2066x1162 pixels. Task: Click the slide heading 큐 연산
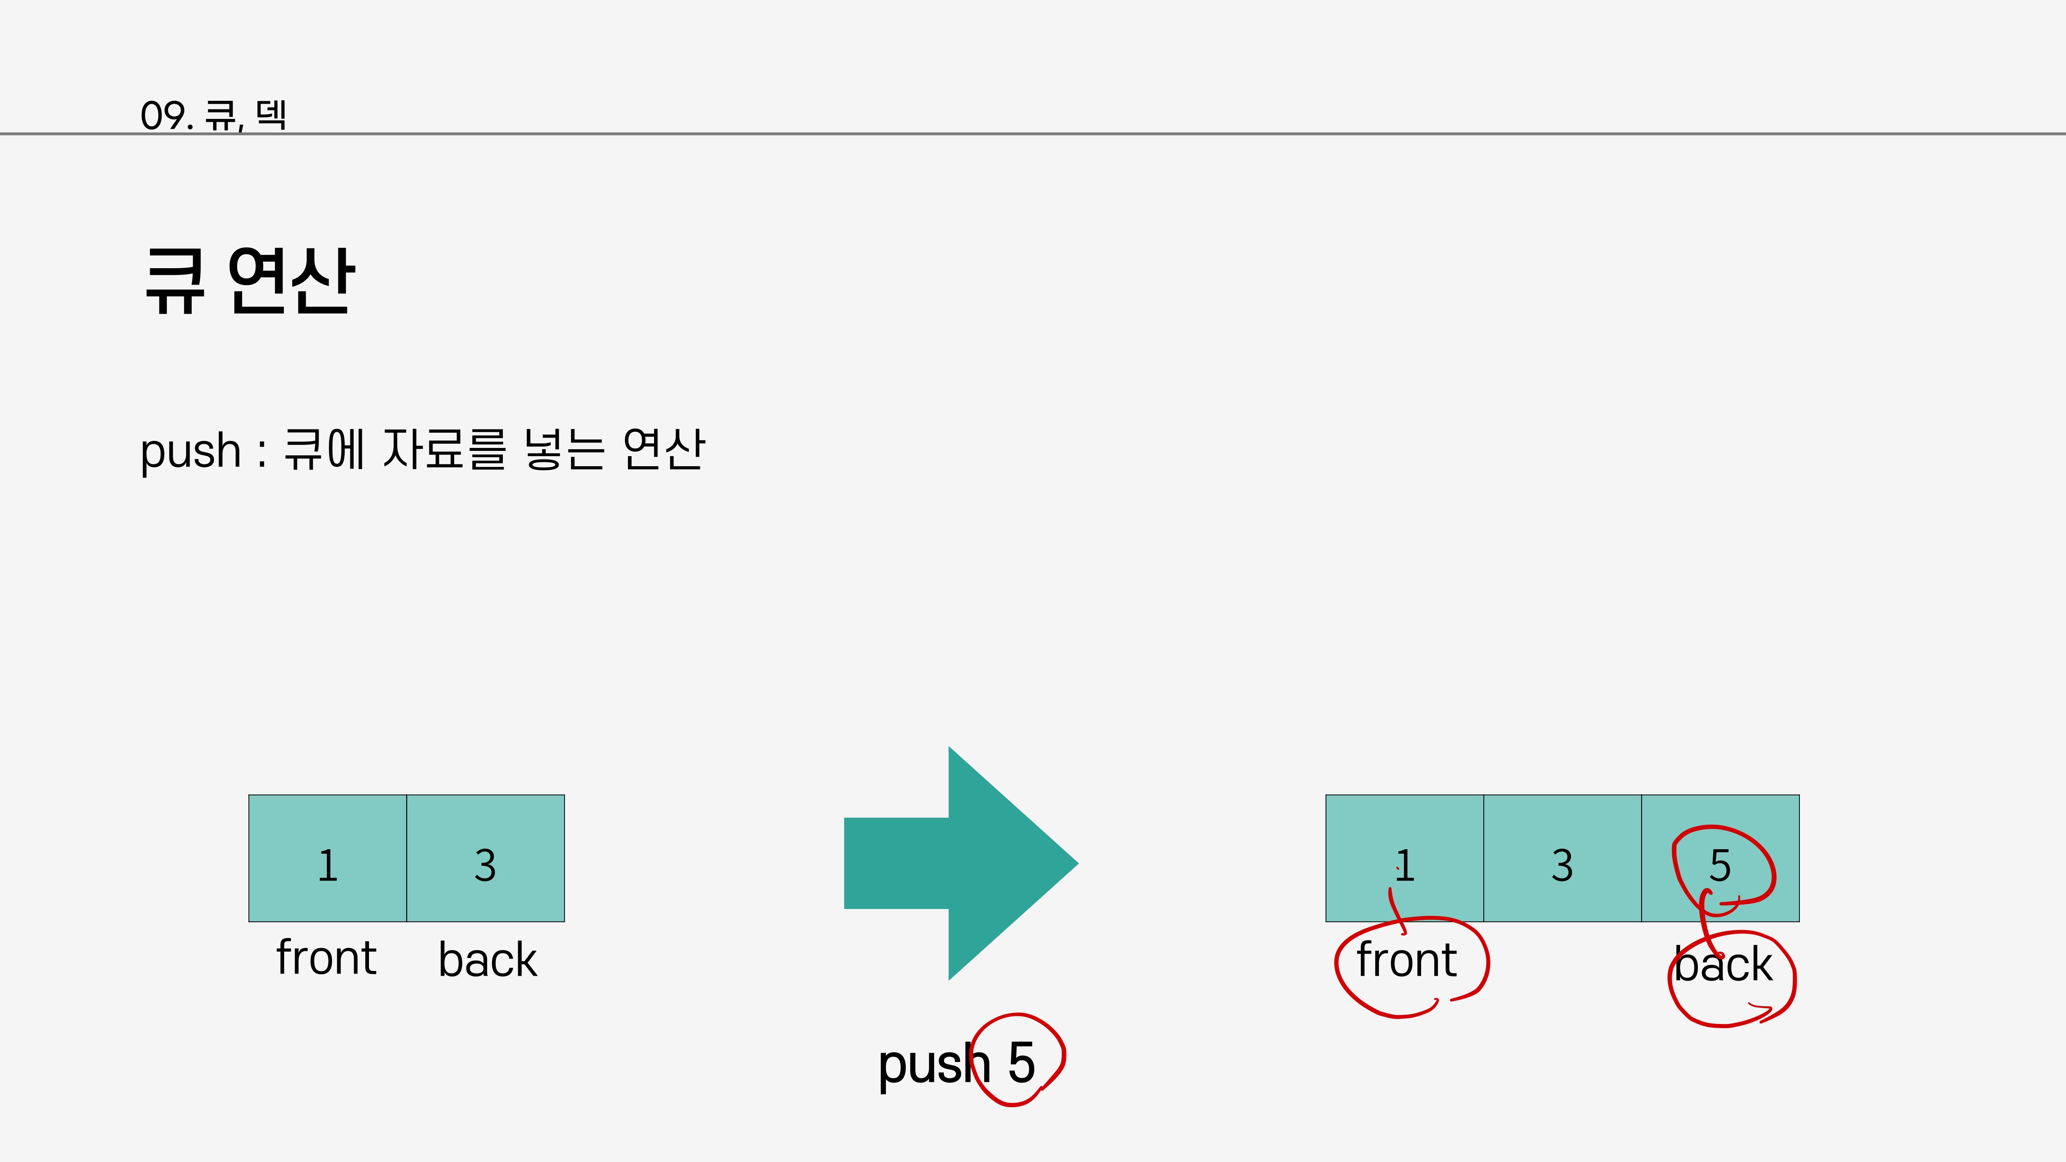click(x=249, y=281)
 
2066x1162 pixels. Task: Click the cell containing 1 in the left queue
click(x=327, y=858)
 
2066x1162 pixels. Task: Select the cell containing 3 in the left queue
click(x=485, y=858)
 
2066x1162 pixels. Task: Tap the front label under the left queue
click(x=326, y=958)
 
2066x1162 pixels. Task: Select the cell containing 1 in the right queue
click(x=1404, y=858)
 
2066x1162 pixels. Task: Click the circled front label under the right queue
click(x=1406, y=961)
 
